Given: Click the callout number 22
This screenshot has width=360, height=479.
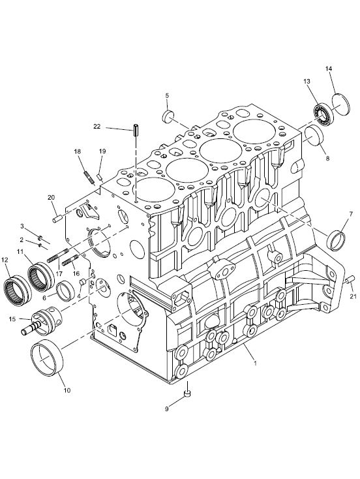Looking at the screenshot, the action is point(97,127).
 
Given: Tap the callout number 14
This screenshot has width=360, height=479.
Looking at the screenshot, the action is point(329,69).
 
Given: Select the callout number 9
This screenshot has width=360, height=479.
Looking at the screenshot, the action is point(167,409).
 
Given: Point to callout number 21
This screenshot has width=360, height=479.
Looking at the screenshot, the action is point(353,296).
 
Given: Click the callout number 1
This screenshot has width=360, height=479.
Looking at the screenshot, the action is point(255,363).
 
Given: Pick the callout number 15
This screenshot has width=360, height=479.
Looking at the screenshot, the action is point(12,319).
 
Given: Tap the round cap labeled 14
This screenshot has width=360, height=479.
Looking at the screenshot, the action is point(341,104).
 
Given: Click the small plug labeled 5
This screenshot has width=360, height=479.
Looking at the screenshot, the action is point(168,117).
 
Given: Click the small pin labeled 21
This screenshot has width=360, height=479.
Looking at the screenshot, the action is point(350,278).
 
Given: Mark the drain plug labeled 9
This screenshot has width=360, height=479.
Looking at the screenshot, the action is point(187,394).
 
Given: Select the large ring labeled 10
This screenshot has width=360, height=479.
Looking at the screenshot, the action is point(47,357).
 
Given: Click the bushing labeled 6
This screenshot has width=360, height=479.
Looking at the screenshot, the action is point(67,290).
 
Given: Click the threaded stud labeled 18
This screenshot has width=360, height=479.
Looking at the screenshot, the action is point(88,178).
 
